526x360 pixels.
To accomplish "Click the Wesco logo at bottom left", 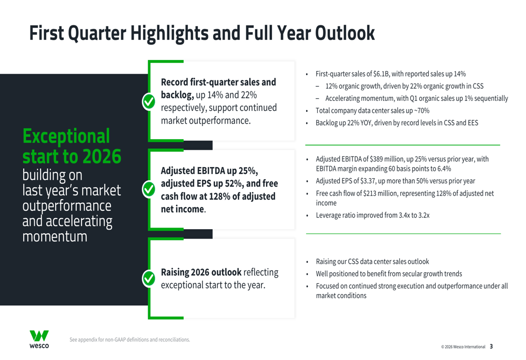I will pos(39,339).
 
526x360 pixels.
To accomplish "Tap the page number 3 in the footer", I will pos(491,347).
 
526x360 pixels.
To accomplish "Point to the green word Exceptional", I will pos(66,136).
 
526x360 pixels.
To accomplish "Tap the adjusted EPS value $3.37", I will pos(360,181).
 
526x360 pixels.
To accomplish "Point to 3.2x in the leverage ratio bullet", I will pos(422,215).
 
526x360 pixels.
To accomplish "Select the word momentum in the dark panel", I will pos(55,236).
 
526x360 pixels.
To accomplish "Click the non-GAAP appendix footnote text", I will pos(129,340).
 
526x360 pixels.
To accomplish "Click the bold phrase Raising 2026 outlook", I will pos(200,272).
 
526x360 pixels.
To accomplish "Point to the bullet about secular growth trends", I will pos(389,274).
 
